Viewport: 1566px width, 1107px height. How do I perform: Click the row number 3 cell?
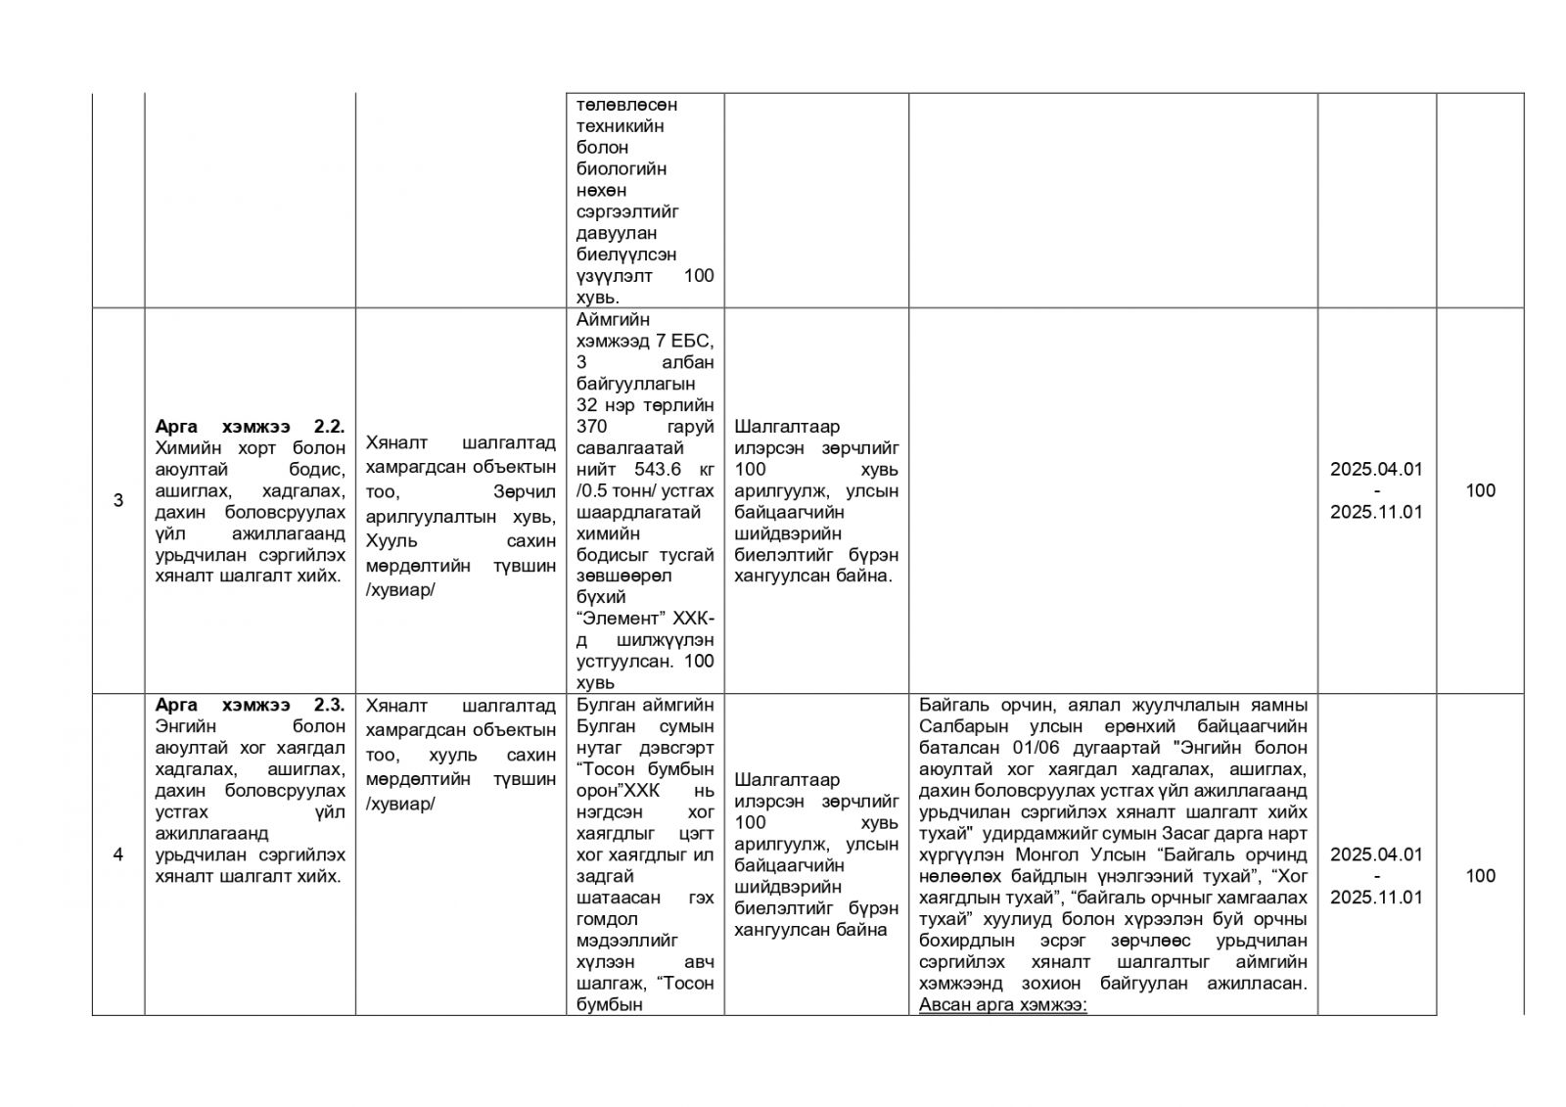click(118, 501)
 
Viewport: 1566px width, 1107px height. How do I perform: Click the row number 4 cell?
click(118, 854)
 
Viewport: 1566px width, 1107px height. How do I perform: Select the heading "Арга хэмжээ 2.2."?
click(250, 427)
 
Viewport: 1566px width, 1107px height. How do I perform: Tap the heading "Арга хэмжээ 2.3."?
click(250, 705)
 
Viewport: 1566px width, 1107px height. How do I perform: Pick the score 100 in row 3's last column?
click(1480, 490)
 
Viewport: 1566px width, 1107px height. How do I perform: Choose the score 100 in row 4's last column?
click(1480, 875)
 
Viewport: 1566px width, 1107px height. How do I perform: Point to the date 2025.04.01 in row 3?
click(1375, 469)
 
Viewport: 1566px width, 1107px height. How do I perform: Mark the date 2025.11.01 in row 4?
click(1375, 898)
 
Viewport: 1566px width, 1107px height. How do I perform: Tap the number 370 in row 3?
click(592, 427)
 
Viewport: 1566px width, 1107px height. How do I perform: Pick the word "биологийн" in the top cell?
click(622, 168)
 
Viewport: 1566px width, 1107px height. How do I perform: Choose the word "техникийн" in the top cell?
click(622, 125)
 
